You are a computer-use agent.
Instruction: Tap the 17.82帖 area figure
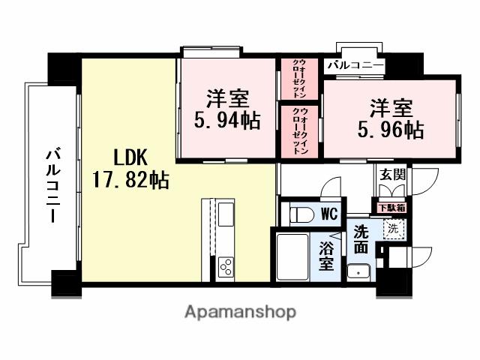(130, 180)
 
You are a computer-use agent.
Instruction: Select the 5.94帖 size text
(226, 120)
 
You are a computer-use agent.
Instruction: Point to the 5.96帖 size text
(389, 129)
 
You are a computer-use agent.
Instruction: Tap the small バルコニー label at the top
(355, 66)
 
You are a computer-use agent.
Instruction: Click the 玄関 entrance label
(391, 174)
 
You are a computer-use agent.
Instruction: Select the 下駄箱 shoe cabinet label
(391, 208)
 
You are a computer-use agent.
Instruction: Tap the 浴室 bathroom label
(327, 255)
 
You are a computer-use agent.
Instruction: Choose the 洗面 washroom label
(361, 238)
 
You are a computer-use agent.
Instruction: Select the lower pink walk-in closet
(299, 131)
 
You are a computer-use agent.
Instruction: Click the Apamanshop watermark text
(239, 311)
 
